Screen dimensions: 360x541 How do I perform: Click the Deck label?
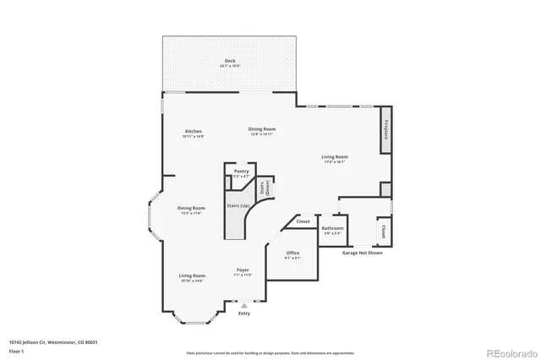click(x=230, y=61)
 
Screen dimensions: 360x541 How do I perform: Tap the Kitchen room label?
click(x=194, y=132)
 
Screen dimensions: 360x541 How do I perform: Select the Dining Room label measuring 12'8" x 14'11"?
click(x=262, y=129)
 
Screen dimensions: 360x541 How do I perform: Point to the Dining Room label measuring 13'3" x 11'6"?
click(x=192, y=209)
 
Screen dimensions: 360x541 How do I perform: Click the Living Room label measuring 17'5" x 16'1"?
click(x=335, y=156)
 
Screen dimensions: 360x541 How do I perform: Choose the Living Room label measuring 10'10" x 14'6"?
click(x=192, y=275)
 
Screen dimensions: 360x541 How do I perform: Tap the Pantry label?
click(x=242, y=172)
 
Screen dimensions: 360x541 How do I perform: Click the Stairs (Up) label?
click(x=238, y=205)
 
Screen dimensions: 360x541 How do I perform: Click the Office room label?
click(x=292, y=253)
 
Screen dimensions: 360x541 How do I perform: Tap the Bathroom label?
click(x=332, y=228)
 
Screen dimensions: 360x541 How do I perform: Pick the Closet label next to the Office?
click(x=303, y=221)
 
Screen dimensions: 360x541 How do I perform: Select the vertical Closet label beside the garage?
click(x=383, y=230)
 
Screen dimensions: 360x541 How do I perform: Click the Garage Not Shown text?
click(x=362, y=253)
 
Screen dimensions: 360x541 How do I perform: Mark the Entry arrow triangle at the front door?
click(x=243, y=305)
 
